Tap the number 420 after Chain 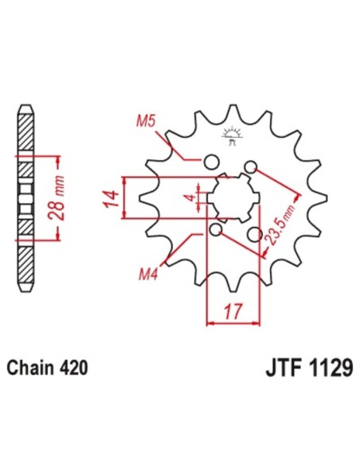[72, 369]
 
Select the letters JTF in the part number [280, 370]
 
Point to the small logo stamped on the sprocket [233, 136]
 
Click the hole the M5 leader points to [211, 162]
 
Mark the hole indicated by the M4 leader [216, 230]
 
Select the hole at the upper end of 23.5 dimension [251, 167]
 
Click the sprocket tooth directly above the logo [232, 111]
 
